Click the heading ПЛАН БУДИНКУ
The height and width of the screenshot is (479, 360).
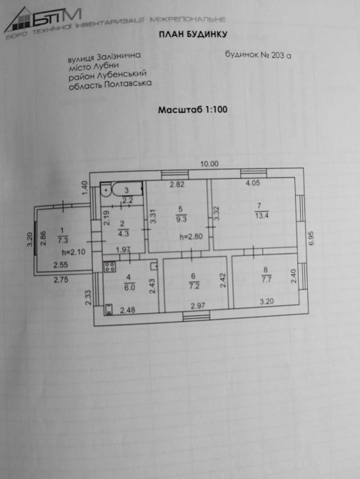(x=193, y=34)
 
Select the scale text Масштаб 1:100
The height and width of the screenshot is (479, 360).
(x=193, y=109)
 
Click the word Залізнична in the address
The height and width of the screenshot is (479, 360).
(x=119, y=56)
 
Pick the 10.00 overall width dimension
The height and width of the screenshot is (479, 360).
(x=209, y=164)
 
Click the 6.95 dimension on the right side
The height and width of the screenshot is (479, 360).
(x=311, y=238)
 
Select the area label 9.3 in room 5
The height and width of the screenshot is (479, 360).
(x=181, y=219)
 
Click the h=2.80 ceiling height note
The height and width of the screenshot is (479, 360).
(x=191, y=237)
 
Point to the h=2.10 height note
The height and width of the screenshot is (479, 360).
(x=74, y=252)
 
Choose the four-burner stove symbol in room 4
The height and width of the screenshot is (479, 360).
(x=110, y=267)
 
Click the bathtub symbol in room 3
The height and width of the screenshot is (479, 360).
(x=127, y=189)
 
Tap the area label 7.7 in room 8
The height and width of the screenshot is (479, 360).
(x=266, y=280)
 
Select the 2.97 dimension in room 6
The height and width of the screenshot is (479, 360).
(x=198, y=306)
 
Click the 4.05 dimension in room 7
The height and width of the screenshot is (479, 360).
(x=253, y=183)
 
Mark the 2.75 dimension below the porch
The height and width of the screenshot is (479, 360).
(x=61, y=280)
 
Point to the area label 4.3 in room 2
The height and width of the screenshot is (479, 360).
(x=124, y=234)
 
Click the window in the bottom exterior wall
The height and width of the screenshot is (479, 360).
(x=196, y=316)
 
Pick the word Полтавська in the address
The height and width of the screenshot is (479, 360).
(x=128, y=84)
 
